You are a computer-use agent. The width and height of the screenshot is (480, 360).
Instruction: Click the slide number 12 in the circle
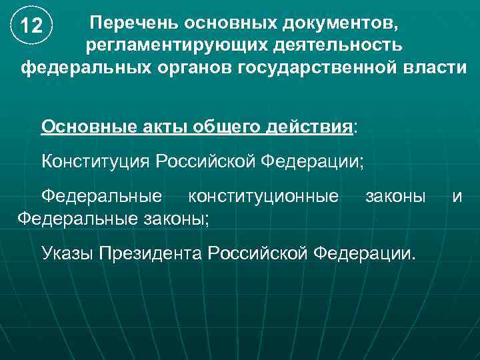click(x=32, y=27)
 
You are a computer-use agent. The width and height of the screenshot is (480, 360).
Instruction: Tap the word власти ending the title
click(x=433, y=68)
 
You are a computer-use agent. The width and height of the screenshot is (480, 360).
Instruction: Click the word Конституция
click(x=96, y=161)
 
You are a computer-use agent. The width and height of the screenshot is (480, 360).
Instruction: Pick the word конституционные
click(x=263, y=196)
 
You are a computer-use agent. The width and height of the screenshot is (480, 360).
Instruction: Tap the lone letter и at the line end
click(x=457, y=196)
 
